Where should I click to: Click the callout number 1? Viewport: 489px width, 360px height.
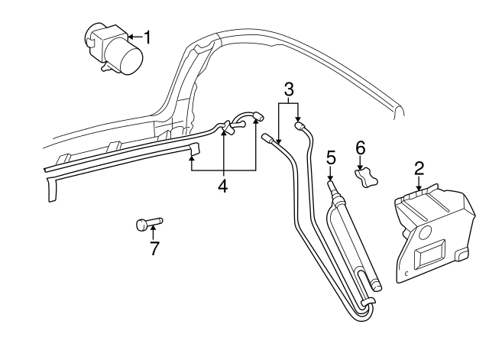point(148,36)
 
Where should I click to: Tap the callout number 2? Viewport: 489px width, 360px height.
point(419,167)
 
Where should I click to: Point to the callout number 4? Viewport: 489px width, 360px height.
point(223,185)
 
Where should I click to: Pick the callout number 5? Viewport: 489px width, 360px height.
point(331,157)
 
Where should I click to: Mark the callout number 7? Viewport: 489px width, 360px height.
point(154,248)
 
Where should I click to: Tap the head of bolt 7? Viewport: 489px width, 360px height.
point(141,224)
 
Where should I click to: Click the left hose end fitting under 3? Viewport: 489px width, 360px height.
point(268,138)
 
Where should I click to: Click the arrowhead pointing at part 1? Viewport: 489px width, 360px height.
point(131,36)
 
